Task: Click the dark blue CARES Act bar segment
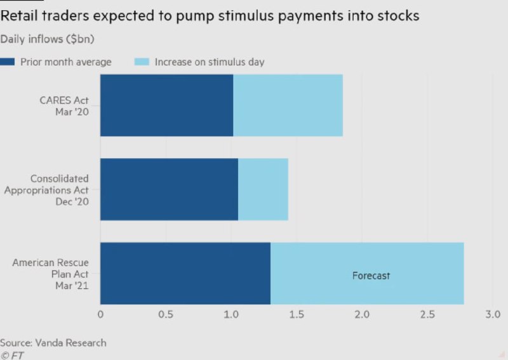click(x=166, y=105)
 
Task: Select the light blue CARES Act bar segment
click(x=288, y=105)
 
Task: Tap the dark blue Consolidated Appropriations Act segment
click(x=169, y=189)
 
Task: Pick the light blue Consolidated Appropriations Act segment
click(x=263, y=189)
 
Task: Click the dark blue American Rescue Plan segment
click(x=185, y=274)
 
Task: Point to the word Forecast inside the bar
click(x=371, y=276)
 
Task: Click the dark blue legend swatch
click(x=8, y=62)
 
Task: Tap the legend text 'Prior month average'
click(x=66, y=62)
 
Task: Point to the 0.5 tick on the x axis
click(x=166, y=314)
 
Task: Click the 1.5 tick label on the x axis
click(x=297, y=314)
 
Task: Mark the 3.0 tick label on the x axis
click(x=493, y=314)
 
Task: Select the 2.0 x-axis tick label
click(x=362, y=314)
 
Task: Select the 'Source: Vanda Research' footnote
click(x=53, y=343)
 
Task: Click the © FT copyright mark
click(x=12, y=355)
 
